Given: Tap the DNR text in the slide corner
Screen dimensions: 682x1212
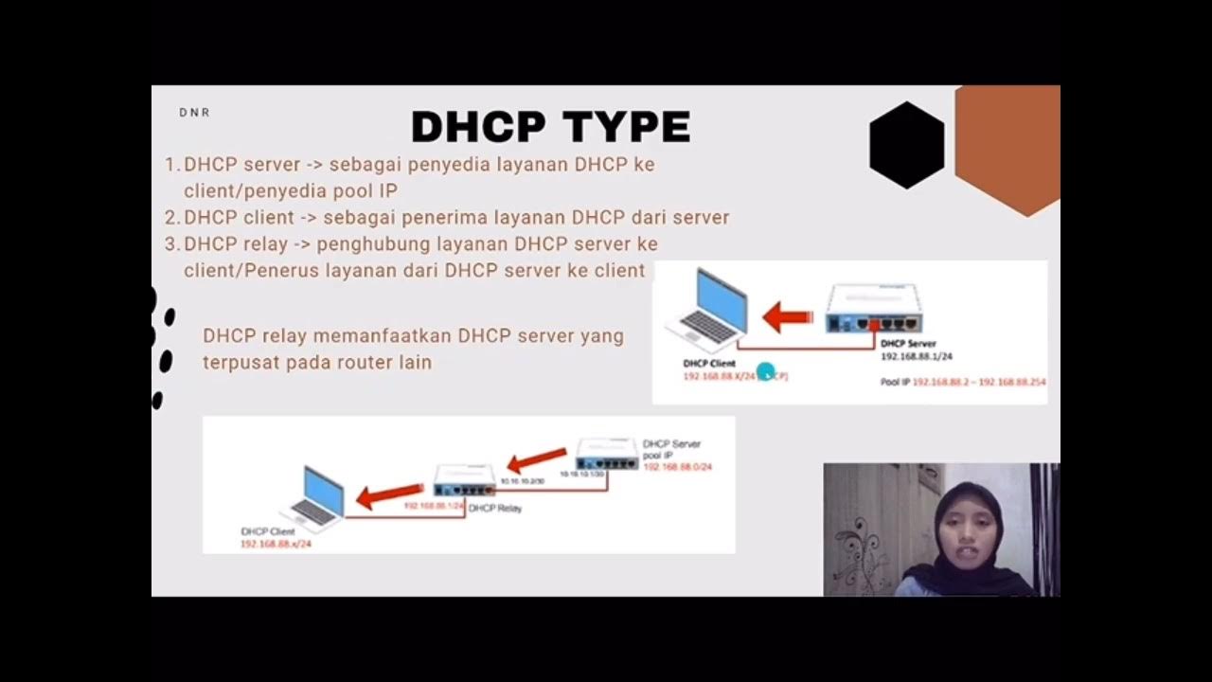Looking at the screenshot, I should (194, 113).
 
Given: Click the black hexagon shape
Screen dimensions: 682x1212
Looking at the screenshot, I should (906, 145).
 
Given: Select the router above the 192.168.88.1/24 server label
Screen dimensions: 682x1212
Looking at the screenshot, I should (873, 310).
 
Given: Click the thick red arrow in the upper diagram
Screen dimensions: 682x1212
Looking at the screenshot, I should (787, 316).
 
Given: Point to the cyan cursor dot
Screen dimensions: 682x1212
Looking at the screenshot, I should (766, 372).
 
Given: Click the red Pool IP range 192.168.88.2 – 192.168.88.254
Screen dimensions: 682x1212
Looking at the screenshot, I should (979, 382).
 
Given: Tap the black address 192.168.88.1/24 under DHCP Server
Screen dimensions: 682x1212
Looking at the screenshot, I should (917, 357).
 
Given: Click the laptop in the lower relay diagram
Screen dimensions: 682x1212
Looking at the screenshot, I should (316, 496).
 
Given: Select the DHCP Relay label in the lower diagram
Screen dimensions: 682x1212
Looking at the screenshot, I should (494, 509).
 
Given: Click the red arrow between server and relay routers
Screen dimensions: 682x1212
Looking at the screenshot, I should (536, 460).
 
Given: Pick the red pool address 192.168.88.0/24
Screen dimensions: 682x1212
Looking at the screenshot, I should (677, 467).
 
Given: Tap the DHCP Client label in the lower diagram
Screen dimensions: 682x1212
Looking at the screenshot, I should (268, 532).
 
